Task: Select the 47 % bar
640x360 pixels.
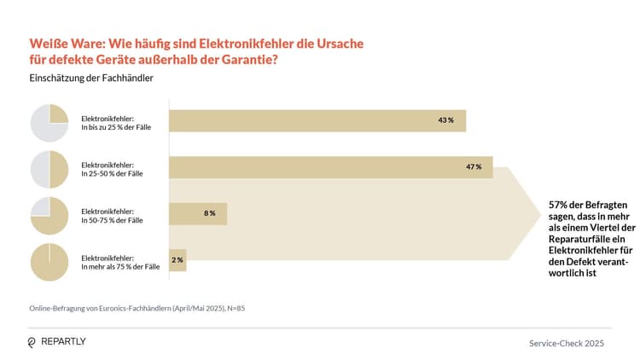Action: (x=331, y=166)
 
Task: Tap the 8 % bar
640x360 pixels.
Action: (x=198, y=213)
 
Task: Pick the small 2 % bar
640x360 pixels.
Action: (x=177, y=259)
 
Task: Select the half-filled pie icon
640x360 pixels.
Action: (x=49, y=169)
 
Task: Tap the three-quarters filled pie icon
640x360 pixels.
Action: (x=49, y=216)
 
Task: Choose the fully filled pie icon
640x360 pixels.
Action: (x=49, y=262)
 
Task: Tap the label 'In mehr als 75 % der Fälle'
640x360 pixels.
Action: (x=120, y=267)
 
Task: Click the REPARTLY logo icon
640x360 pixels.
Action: (x=32, y=342)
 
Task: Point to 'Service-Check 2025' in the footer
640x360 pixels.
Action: (x=567, y=343)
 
